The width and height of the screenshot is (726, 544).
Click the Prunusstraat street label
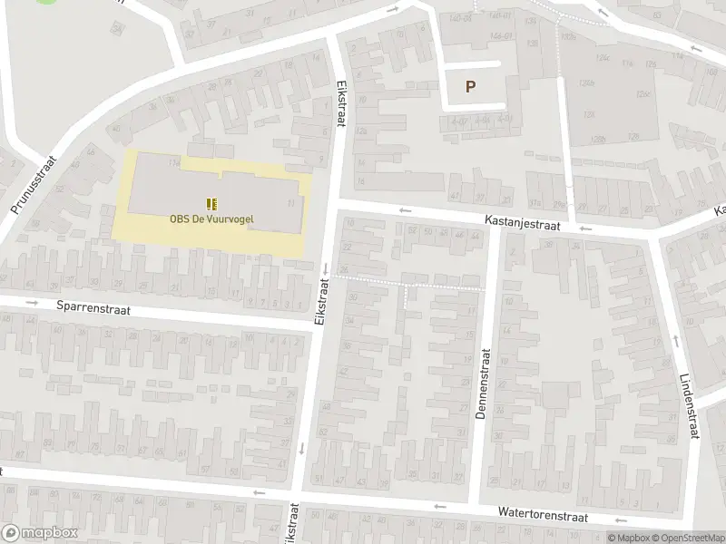pyautogui.click(x=34, y=186)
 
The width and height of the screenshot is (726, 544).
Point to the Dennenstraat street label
pyautogui.click(x=482, y=384)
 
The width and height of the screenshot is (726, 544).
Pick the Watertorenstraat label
pyautogui.click(x=543, y=514)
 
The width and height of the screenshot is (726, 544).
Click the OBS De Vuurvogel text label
pyautogui.click(x=211, y=218)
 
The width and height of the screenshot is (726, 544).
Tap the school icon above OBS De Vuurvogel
pyautogui.click(x=211, y=203)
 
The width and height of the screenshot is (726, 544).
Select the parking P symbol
pyautogui.click(x=470, y=87)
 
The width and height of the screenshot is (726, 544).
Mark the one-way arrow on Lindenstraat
pyautogui.click(x=676, y=341)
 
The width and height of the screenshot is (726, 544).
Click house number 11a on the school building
pyautogui.click(x=172, y=163)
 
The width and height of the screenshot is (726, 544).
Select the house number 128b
pyautogui.click(x=596, y=139)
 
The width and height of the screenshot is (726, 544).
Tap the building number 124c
pyautogui.click(x=601, y=58)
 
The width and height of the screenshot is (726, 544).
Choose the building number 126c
pyautogui.click(x=644, y=94)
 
